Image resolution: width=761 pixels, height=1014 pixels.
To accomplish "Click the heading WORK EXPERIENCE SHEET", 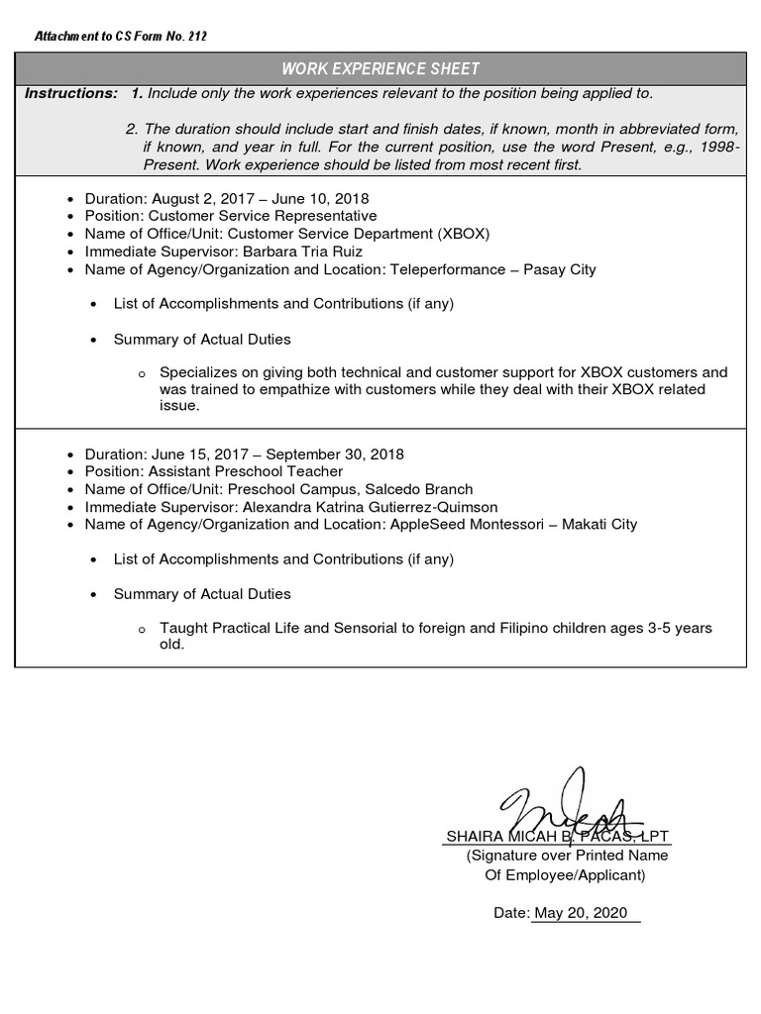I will coord(380,68).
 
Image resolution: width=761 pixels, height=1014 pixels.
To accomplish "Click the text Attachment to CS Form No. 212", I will coord(121,37).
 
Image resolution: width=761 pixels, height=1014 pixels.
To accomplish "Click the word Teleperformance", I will coord(453,269).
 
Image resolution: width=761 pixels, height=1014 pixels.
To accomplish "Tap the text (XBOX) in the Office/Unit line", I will coord(464,234).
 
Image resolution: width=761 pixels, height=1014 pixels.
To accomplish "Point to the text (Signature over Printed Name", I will coord(567,855).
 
